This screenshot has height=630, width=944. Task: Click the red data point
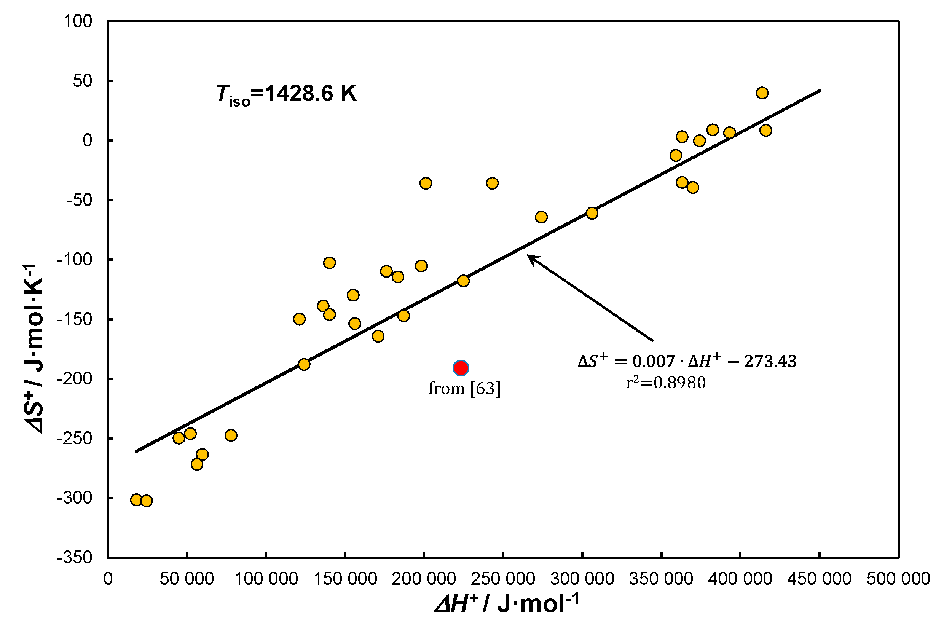461,368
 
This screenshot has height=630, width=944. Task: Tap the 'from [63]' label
464,389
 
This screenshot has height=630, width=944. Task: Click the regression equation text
687,361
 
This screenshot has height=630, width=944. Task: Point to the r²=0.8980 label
666,383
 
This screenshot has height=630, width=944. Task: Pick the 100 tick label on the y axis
78,21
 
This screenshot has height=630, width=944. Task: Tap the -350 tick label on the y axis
75,558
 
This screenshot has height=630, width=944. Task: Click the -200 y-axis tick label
75,378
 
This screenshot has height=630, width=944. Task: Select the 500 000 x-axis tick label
898,579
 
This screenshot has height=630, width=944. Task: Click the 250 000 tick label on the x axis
503,579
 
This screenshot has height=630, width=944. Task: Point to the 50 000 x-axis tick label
187,579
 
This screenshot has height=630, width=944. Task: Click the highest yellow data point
762,93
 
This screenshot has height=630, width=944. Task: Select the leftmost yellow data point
136,500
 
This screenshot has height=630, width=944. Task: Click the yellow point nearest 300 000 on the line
592,213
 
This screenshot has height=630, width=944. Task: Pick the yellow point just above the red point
463,281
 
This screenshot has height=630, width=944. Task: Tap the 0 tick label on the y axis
87,140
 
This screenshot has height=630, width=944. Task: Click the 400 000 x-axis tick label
740,579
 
